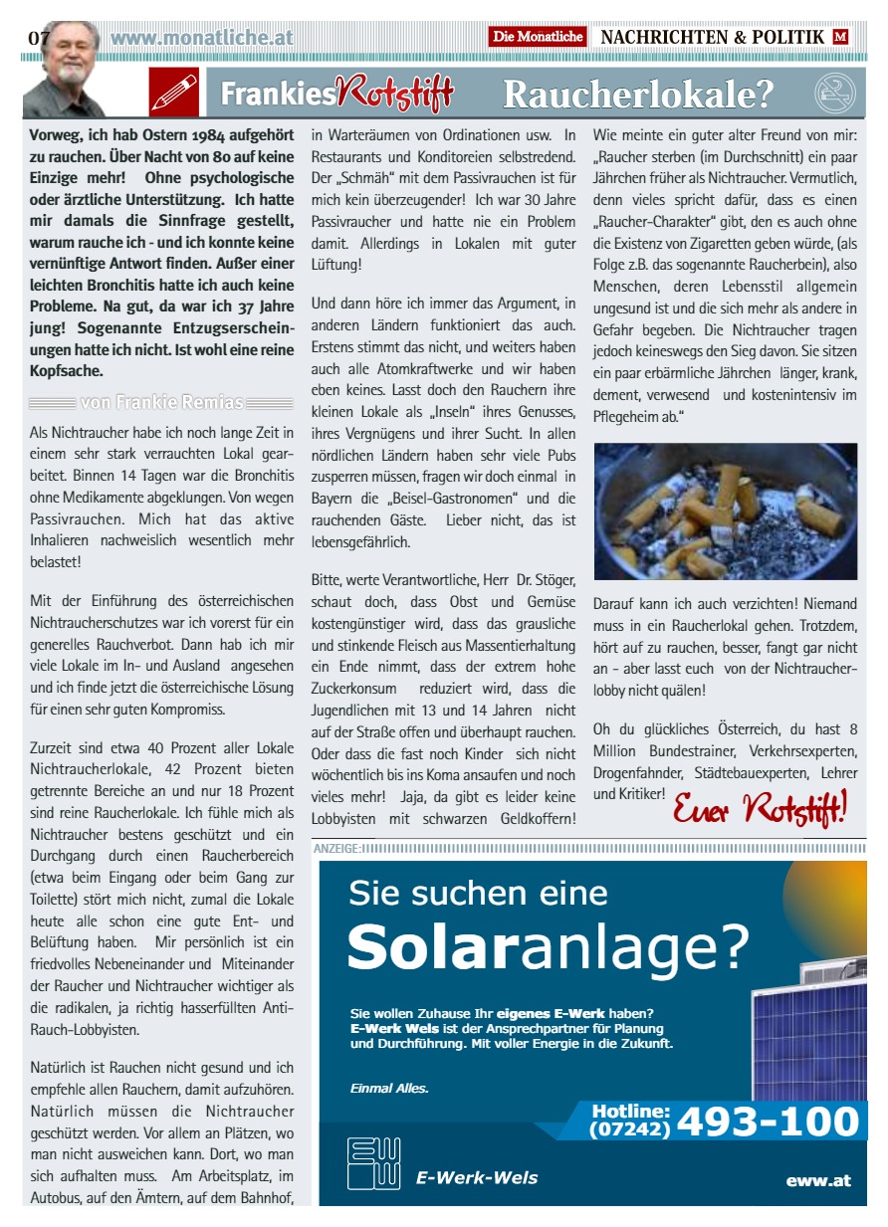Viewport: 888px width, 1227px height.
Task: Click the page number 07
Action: (39, 38)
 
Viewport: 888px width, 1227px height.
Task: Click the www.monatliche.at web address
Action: (202, 38)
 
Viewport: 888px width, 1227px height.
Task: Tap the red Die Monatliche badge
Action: (538, 37)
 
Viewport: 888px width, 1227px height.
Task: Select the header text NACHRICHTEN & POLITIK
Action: (713, 37)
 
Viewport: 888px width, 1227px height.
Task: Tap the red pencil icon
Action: (174, 93)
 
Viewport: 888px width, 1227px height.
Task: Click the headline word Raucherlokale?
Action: (638, 95)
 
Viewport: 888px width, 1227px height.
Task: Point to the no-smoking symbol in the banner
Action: (834, 94)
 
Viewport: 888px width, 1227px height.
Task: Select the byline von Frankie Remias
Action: (161, 402)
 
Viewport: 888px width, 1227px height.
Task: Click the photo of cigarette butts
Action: (725, 511)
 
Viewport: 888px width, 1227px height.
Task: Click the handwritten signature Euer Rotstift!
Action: (760, 807)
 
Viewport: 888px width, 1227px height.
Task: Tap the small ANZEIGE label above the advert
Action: (336, 848)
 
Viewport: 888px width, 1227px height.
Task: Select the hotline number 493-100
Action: (768, 1122)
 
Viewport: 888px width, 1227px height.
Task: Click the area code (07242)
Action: (630, 1129)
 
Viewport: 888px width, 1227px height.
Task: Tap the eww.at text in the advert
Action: (818, 1180)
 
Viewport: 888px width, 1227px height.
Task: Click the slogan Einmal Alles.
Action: (389, 1088)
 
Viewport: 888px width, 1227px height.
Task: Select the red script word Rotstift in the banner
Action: (396, 94)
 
